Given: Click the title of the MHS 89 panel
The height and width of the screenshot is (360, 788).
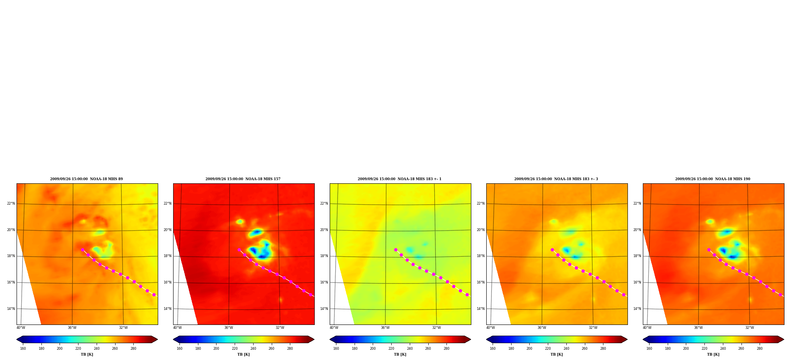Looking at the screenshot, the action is click(x=86, y=179).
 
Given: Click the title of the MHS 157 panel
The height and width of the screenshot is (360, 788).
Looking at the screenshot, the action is click(x=243, y=179).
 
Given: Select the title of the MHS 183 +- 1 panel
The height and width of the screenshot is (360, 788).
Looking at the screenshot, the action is click(x=400, y=179).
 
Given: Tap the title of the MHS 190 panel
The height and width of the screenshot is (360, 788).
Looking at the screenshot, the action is click(x=713, y=179).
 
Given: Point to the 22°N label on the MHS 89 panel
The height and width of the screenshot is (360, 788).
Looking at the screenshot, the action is click(x=11, y=204).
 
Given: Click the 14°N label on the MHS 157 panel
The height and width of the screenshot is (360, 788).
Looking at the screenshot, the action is click(x=168, y=309).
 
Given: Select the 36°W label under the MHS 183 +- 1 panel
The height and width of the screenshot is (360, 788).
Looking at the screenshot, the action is click(x=385, y=328).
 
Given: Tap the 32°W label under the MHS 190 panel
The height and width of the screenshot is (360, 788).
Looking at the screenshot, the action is click(x=750, y=328).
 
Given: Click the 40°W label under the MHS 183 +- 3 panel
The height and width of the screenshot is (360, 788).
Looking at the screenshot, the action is click(x=491, y=328).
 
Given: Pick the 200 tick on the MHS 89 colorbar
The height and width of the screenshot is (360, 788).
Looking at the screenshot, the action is click(x=60, y=349).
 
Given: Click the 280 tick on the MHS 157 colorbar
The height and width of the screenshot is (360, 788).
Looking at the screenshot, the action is click(x=290, y=349).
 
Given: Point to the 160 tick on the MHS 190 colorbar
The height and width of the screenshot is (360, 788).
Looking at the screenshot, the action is click(x=649, y=349).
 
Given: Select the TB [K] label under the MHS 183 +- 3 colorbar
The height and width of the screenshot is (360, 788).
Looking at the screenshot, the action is click(x=557, y=354).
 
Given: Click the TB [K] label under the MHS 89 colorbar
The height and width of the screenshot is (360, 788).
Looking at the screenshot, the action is click(x=87, y=354).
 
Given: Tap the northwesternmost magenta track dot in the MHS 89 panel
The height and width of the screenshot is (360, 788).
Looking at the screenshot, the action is click(x=82, y=250).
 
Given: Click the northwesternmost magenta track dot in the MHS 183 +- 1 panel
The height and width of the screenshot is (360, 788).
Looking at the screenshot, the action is click(x=396, y=250).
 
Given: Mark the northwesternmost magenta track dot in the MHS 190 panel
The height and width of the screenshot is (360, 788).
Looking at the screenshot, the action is click(x=709, y=250).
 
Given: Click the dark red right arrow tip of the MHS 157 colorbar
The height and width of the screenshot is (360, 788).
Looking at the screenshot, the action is click(x=314, y=339).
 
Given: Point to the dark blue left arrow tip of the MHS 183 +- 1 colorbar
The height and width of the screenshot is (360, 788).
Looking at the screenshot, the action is click(x=330, y=339).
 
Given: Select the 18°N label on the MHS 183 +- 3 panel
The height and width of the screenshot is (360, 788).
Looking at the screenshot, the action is click(x=481, y=256).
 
